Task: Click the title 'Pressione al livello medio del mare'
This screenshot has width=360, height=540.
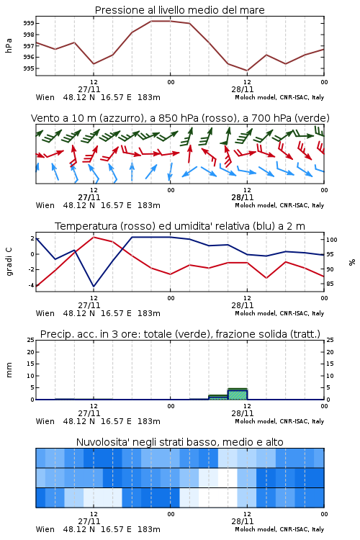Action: coord(180,10)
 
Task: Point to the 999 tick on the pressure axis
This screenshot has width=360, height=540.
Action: coord(29,23)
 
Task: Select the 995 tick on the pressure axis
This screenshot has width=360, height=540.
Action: coord(29,68)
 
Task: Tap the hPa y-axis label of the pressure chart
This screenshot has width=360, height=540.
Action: coord(9,45)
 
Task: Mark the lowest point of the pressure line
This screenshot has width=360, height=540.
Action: coord(247,71)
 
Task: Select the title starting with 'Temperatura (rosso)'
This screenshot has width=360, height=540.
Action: coord(180,226)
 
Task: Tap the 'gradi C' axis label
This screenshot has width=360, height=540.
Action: coord(9,262)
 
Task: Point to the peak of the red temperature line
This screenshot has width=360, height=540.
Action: coord(94,237)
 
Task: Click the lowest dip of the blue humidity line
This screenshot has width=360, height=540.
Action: coord(94,287)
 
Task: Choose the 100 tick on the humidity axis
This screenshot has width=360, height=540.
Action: coord(332,240)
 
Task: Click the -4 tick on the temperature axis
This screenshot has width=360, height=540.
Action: coord(31,285)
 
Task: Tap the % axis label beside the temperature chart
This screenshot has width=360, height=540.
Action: coord(352,262)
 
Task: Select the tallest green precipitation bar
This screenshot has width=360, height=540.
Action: coord(238,394)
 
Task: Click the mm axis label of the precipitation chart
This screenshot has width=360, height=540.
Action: coord(9,370)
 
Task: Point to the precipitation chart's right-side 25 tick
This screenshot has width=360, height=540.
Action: coord(330,340)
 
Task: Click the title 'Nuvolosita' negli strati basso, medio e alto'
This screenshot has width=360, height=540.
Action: coord(180,442)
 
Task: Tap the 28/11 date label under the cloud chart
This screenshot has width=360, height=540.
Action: coord(243,521)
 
